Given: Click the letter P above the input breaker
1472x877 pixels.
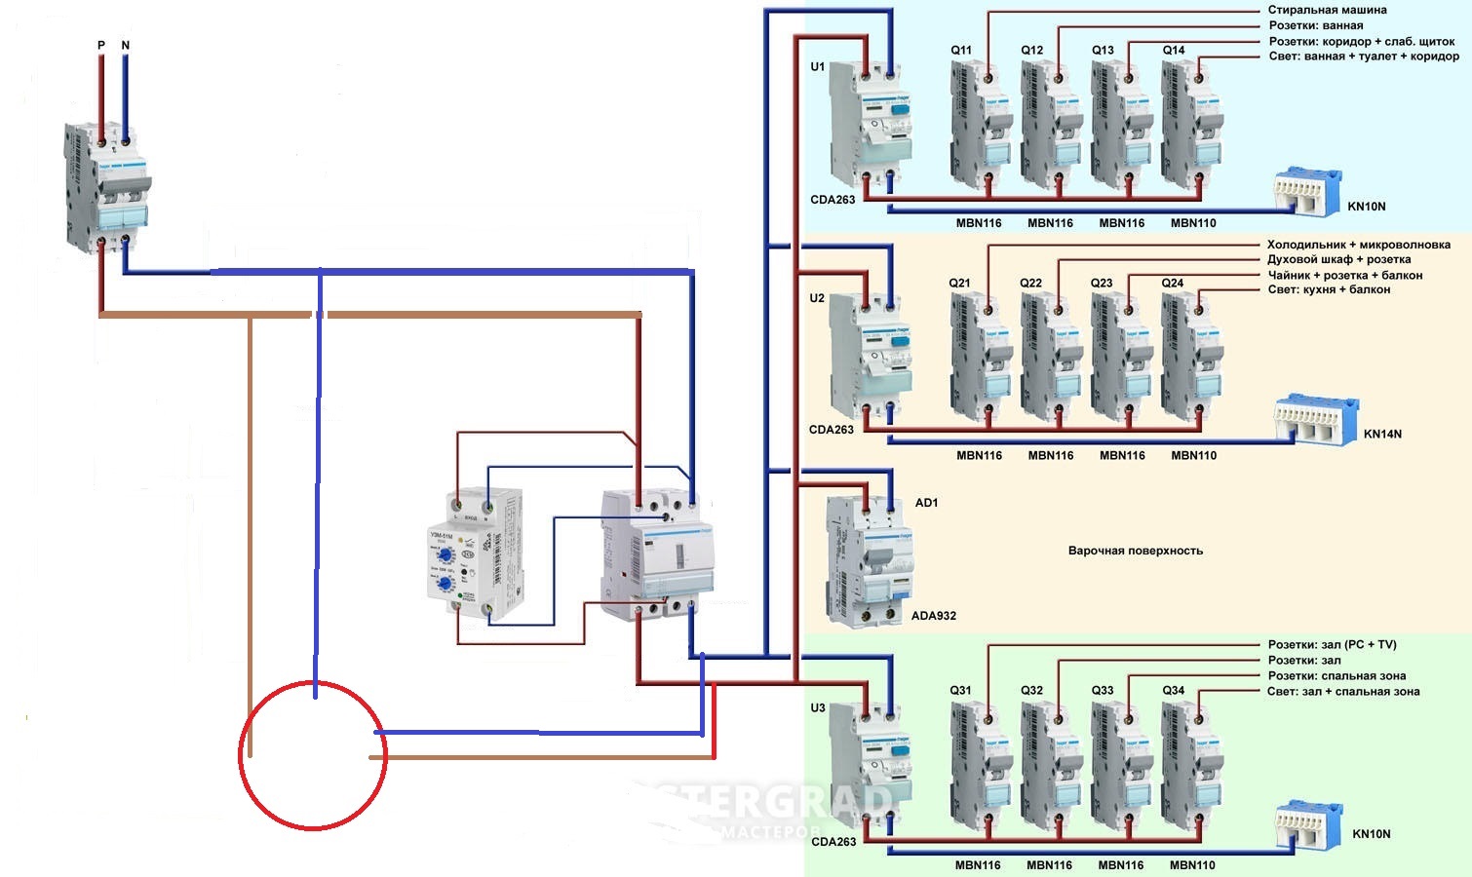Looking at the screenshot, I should tap(101, 46).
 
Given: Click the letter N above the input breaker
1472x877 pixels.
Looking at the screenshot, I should tap(126, 46).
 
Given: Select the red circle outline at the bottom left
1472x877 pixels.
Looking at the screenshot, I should tap(241, 755).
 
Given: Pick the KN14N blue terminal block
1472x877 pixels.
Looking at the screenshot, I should tap(1316, 420).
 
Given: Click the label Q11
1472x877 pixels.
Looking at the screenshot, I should tap(961, 51).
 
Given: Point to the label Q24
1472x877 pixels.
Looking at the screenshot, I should tap(1173, 284).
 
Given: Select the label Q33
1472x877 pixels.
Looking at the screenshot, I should tap(1102, 691).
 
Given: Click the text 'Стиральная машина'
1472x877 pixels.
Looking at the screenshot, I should tap(1327, 10).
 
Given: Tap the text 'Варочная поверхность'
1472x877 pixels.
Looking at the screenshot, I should tap(1135, 551).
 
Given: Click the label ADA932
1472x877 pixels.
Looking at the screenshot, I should tap(933, 616).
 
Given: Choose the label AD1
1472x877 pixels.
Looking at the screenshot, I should tap(926, 503).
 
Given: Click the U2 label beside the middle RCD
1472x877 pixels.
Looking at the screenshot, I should tap(817, 298).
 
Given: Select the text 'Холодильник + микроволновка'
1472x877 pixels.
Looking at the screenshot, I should tap(1358, 245).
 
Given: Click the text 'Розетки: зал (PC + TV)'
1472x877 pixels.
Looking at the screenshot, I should tap(1332, 645).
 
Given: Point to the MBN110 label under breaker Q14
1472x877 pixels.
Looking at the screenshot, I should tap(1193, 223).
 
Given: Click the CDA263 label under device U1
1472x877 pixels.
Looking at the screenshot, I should tap(833, 200).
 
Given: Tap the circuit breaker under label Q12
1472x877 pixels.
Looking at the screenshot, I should tap(1051, 124).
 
